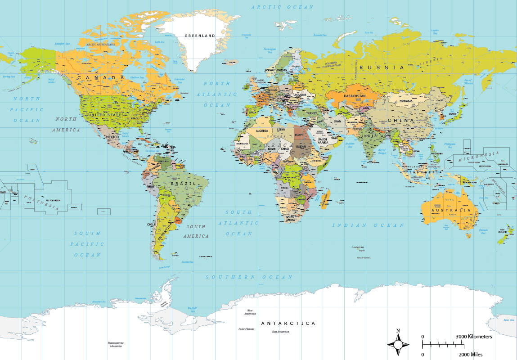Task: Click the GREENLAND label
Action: (200, 36)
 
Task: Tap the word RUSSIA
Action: (382, 67)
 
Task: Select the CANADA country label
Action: (100, 78)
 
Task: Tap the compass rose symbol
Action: (398, 344)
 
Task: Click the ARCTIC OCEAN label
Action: (282, 7)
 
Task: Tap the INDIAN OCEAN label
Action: (368, 225)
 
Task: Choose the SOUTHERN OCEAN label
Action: (249, 277)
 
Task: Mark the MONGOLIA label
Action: (406, 101)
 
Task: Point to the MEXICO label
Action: (112, 136)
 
